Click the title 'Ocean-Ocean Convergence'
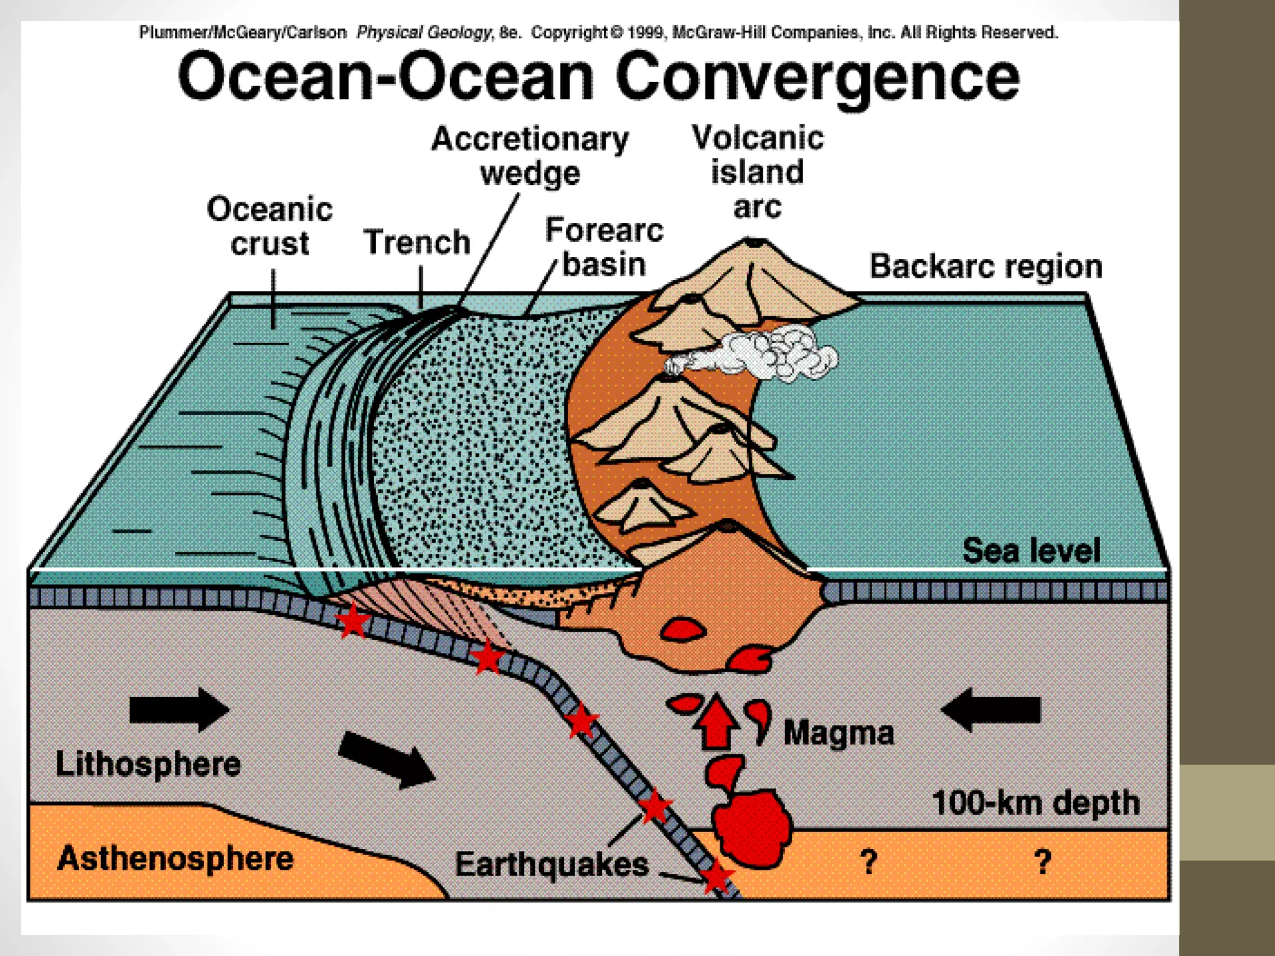tap(598, 78)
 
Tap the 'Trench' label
tap(417, 242)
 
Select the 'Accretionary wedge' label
tap(530, 156)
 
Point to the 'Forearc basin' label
tap(604, 247)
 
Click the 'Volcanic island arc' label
tap(758, 172)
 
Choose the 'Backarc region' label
tap(986, 266)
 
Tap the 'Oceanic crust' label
tap(270, 226)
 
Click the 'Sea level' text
tap(1031, 551)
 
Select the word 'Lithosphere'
tap(148, 764)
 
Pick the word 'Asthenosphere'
tap(175, 858)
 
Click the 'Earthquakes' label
tap(552, 865)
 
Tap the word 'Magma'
tap(839, 733)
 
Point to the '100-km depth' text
tap(1036, 803)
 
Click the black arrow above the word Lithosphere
tap(179, 710)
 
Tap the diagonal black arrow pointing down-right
tap(387, 759)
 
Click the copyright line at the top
tap(598, 32)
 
